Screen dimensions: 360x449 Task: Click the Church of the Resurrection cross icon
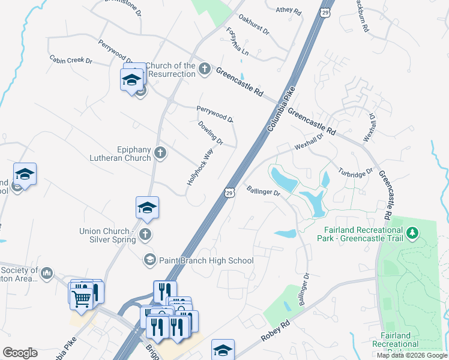[x=204, y=68]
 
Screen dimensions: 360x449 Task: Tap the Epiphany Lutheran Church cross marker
[x=160, y=152]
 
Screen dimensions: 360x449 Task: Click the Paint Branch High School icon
[x=149, y=260]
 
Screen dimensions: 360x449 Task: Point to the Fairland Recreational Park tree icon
[x=412, y=232]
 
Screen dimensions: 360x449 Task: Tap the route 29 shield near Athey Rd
[x=325, y=12]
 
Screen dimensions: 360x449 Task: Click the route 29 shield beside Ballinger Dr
[x=229, y=192]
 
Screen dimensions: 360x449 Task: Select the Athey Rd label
[x=288, y=10]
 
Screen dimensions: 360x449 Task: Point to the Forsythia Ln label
[x=237, y=41]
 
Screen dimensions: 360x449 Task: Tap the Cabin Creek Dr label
[x=71, y=60]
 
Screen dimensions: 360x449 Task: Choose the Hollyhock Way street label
[x=200, y=167]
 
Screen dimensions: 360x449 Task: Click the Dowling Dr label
[x=210, y=133]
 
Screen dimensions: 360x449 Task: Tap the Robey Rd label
[x=276, y=331]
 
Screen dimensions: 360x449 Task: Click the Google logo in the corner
[x=20, y=353]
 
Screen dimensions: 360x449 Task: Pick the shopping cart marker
[x=81, y=297]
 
